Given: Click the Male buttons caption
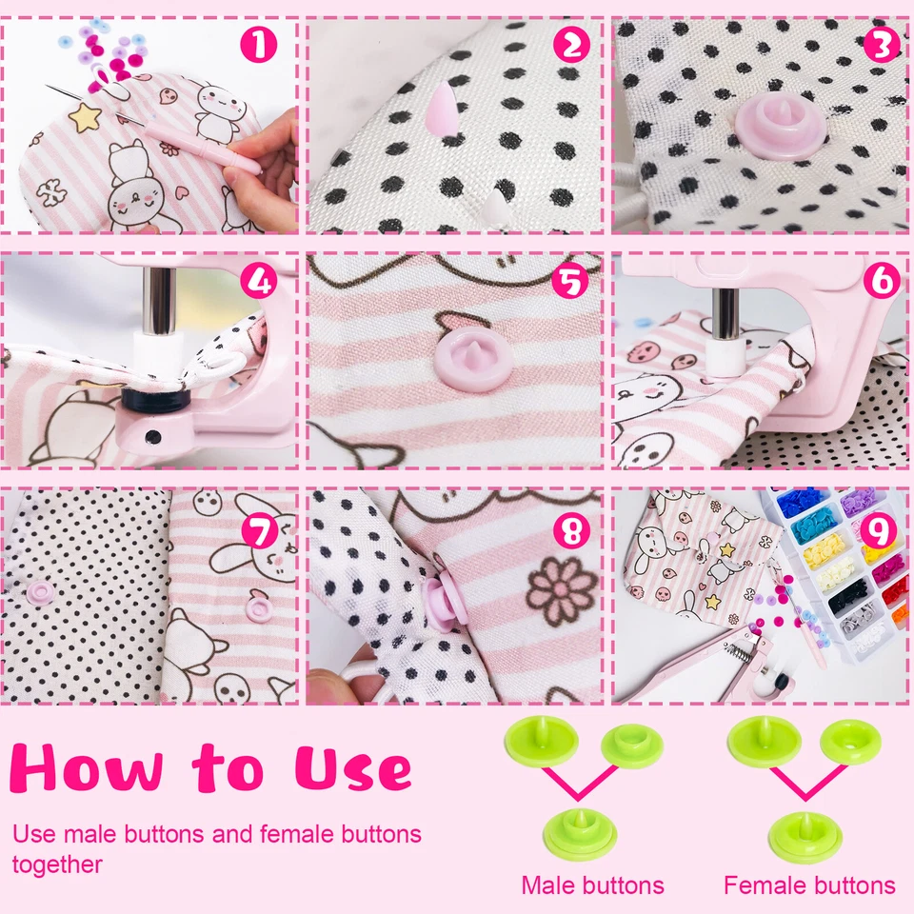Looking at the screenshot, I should coord(592,885).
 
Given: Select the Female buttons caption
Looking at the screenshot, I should coord(809,885).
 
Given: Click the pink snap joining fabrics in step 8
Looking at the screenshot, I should coord(444,605).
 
